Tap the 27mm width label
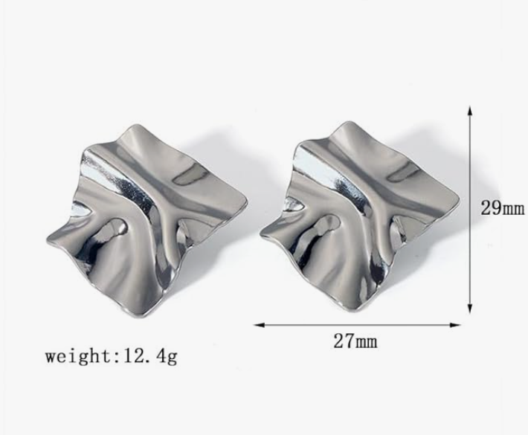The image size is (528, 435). click(x=355, y=341)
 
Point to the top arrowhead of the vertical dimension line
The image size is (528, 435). click(x=470, y=109)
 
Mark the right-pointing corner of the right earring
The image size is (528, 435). click(x=459, y=199)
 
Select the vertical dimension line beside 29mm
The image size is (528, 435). click(x=470, y=245)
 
